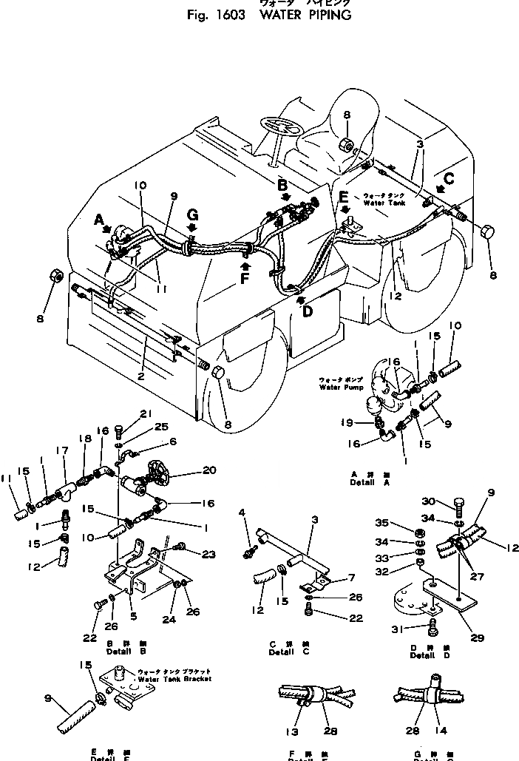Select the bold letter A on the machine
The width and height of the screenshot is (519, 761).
(x=100, y=219)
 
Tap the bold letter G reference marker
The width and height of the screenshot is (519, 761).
(x=192, y=214)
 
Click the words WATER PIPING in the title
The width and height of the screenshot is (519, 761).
(x=305, y=16)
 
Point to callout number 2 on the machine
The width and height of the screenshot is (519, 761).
(x=140, y=375)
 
